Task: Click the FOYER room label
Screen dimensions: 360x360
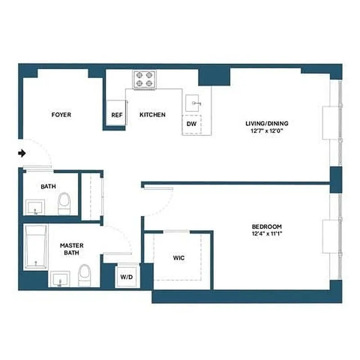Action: [61, 115]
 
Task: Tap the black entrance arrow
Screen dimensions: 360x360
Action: [22, 153]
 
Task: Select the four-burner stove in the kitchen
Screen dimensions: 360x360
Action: [144, 79]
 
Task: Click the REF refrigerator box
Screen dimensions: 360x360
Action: [117, 115]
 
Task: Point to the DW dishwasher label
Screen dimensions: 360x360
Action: [192, 124]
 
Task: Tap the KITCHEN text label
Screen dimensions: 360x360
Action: [153, 115]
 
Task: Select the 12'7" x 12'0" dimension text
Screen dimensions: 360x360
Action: [267, 131]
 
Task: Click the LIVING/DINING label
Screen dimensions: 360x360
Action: [267, 123]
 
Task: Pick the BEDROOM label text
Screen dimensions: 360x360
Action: [267, 226]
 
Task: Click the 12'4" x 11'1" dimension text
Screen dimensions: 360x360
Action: [267, 234]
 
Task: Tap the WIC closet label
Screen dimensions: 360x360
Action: [179, 258]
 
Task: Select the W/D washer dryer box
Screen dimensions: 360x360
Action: [126, 276]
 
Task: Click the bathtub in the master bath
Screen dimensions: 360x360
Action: [36, 247]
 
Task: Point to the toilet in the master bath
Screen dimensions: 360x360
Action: [84, 275]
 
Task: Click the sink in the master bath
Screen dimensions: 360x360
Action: [59, 279]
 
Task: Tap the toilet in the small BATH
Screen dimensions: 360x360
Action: [65, 204]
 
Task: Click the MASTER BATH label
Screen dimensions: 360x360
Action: [72, 249]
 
